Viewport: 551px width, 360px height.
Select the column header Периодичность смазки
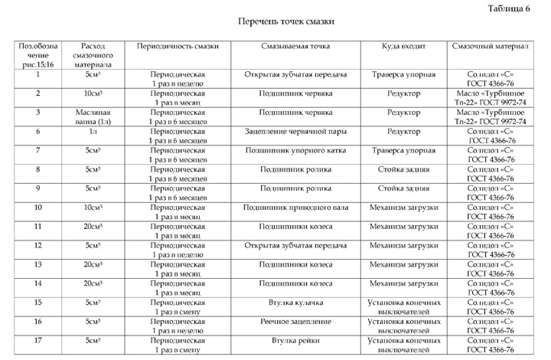click(178, 46)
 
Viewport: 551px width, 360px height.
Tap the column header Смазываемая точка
click(295, 46)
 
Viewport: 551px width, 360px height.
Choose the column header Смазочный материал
click(490, 46)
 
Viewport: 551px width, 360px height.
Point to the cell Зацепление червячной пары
click(295, 131)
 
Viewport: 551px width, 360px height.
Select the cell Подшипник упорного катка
click(295, 150)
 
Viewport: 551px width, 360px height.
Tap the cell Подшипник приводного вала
click(295, 207)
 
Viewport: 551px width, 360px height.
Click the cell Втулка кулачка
click(295, 302)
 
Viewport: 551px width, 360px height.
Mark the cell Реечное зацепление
click(295, 321)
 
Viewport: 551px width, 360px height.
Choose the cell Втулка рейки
click(295, 339)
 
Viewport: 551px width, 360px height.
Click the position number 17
click(38, 339)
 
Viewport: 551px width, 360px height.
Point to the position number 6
click(38, 131)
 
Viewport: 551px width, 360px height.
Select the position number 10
click(38, 207)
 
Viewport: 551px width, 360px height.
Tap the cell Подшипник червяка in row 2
click(295, 93)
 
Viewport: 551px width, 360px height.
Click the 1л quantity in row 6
click(92, 131)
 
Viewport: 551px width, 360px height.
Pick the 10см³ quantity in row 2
click(92, 93)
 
